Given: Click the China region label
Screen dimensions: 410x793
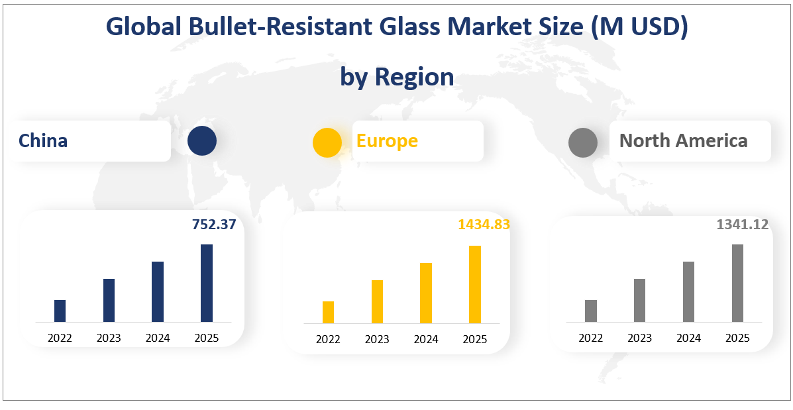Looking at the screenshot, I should (43, 140).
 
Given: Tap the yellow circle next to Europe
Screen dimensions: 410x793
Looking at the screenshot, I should (327, 142).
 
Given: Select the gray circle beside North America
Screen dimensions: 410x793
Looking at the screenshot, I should (583, 142).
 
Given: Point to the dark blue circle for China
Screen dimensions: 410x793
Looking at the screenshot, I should (202, 141).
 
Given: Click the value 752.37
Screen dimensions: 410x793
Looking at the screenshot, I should (213, 225).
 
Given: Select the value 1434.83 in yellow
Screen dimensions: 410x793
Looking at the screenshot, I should (484, 225).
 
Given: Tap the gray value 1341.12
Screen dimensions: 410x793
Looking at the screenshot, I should (742, 225).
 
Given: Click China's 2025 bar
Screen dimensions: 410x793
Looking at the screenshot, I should (207, 283).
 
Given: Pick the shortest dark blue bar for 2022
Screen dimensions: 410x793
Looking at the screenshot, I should (60, 311).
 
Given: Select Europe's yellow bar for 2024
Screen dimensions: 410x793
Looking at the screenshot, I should (426, 293).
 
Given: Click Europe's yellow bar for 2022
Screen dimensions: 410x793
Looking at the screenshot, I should (328, 312).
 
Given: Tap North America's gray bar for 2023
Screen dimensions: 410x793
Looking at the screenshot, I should (639, 300).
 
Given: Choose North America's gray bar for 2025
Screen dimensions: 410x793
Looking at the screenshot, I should (737, 283).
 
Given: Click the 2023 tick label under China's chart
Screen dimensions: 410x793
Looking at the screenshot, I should (109, 338).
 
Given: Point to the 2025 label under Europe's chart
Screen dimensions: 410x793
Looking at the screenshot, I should (474, 339).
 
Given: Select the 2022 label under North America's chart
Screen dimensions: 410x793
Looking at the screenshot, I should (590, 338).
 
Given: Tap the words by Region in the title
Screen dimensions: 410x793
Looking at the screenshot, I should (397, 77).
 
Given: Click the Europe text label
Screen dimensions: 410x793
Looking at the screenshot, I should (387, 140).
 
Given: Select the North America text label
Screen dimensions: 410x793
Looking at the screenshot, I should (683, 140).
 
